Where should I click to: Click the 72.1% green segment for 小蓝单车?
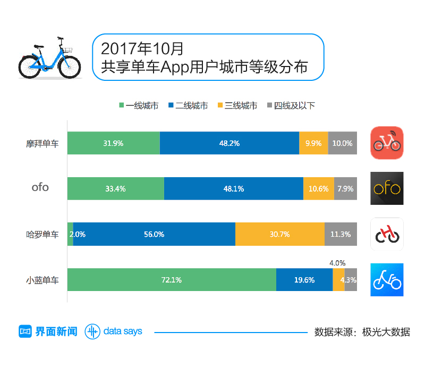[x=172, y=280]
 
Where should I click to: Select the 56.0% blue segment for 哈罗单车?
[x=154, y=234]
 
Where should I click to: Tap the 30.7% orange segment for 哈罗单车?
[x=279, y=234]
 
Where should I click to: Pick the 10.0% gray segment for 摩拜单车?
[x=343, y=143]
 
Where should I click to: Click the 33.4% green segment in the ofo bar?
[x=115, y=188]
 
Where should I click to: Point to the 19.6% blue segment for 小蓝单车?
[x=304, y=280]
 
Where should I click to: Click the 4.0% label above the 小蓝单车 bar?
[x=337, y=263]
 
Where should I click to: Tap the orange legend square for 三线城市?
[x=220, y=105]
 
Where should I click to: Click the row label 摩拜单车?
[x=42, y=143]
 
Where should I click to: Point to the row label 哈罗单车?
[x=42, y=234]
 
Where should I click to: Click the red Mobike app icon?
[x=387, y=143]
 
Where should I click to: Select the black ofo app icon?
[x=387, y=188]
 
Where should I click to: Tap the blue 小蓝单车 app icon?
[x=387, y=280]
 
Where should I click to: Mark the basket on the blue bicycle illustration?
[x=70, y=50]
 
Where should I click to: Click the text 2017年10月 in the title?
[x=142, y=48]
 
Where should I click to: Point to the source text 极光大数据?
[x=386, y=332]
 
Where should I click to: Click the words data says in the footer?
[x=123, y=331]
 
